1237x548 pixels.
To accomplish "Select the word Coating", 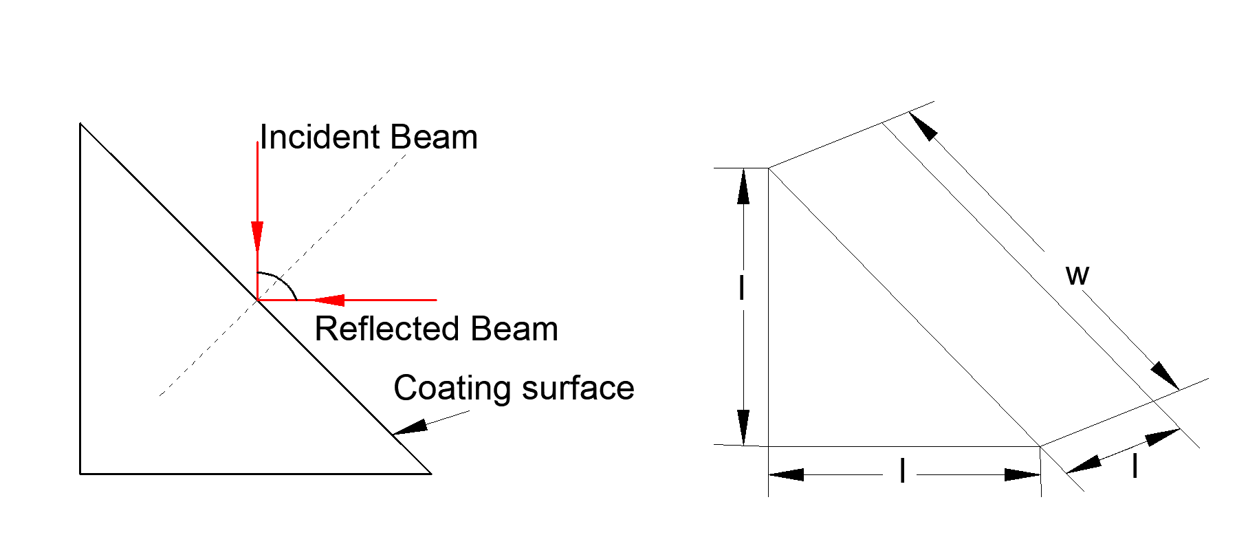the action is [451, 389].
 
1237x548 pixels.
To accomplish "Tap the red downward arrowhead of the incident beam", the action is [257, 237].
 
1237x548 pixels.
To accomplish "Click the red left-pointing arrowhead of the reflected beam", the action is [328, 300].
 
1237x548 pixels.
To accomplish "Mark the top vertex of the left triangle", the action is [80, 124].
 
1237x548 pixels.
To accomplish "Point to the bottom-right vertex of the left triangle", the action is [431, 474].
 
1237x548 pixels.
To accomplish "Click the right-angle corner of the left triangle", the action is [80, 474].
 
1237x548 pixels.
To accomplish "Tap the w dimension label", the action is [1077, 275].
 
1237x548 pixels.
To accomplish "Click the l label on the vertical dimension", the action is [741, 288].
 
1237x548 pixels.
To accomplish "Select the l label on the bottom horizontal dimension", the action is [902, 472].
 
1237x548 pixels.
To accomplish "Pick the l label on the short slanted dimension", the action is [1135, 466].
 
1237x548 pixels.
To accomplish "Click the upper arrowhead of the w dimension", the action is [923, 126].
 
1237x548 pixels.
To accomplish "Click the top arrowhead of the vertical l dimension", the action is [743, 186].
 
